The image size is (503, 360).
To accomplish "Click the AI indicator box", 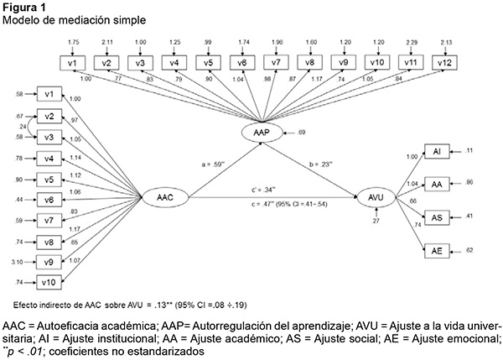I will [x=436, y=151].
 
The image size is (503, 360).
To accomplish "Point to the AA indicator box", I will [x=436, y=183].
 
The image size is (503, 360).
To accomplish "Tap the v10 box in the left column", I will [x=49, y=284].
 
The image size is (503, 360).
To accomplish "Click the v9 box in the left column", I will [x=49, y=263].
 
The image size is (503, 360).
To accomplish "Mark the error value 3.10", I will [x=18, y=263].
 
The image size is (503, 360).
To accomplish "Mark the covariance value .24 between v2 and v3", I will [x=22, y=127].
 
